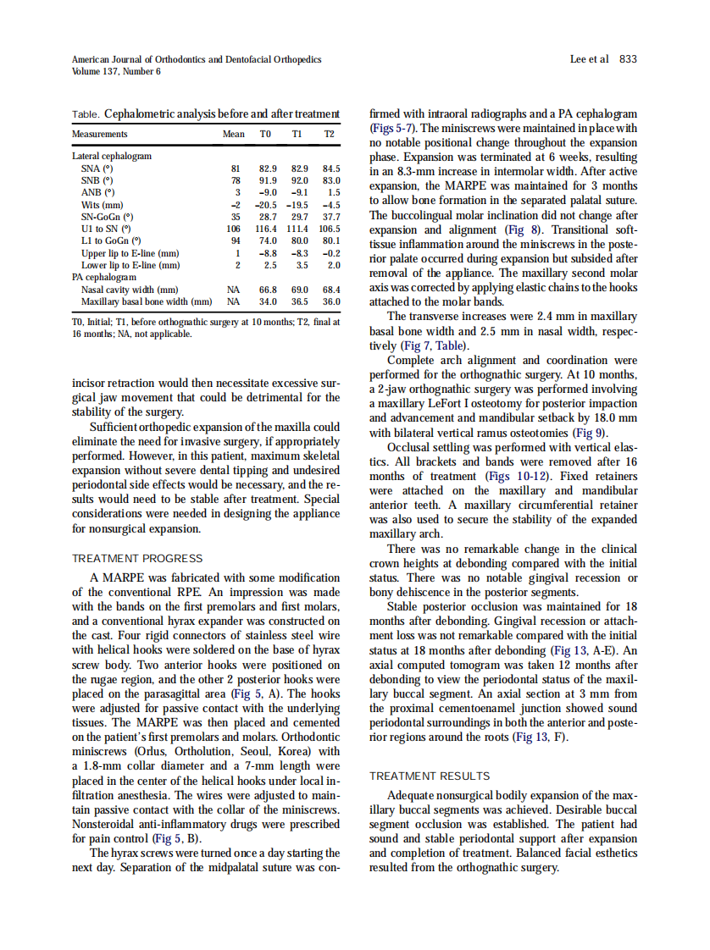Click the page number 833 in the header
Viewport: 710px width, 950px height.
[x=628, y=59]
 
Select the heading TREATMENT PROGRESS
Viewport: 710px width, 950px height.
[x=137, y=559]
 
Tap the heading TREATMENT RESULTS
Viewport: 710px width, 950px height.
[x=430, y=776]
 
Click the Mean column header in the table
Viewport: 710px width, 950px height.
[x=233, y=134]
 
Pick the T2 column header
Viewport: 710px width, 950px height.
[x=330, y=134]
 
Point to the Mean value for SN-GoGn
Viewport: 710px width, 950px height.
[x=236, y=217]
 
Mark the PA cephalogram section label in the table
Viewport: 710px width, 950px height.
[x=103, y=277]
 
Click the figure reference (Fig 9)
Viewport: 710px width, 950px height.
[x=591, y=433]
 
